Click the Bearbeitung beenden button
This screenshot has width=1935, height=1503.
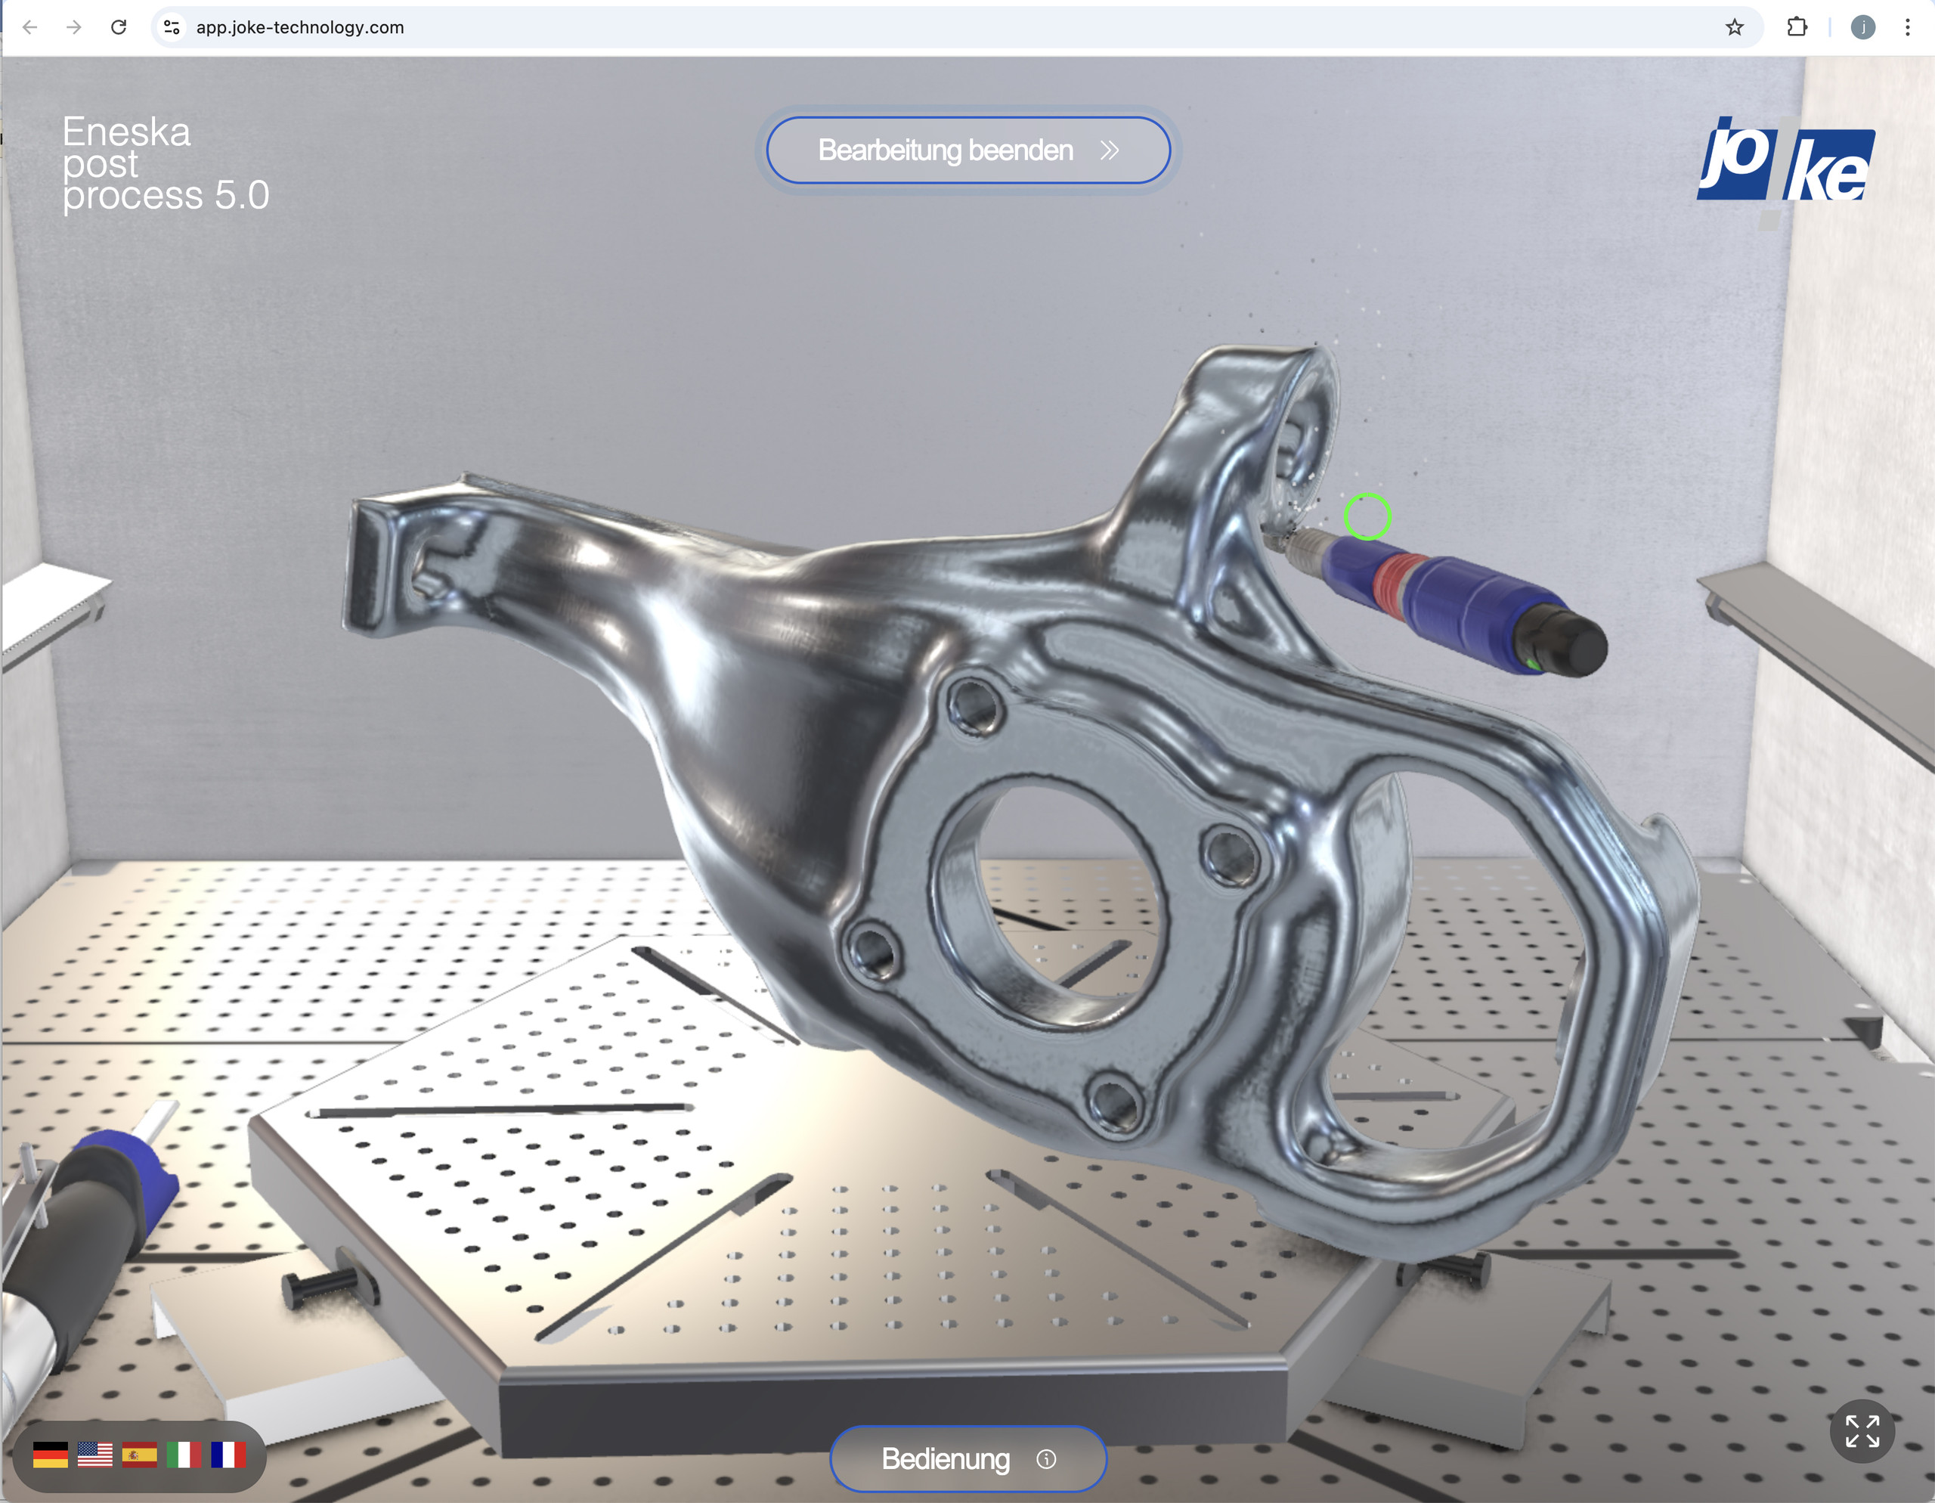967,150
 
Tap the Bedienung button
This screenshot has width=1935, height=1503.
967,1458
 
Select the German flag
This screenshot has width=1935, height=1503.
51,1455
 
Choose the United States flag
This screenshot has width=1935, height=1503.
94,1455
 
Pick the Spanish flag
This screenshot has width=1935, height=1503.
139,1455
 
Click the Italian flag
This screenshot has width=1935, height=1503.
184,1455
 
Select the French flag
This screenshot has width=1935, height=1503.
228,1455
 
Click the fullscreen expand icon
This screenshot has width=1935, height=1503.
1862,1431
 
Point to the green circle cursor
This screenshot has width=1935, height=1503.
1367,516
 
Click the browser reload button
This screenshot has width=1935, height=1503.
119,27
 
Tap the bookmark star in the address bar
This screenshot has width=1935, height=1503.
1734,27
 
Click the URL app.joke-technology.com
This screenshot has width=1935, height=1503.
299,27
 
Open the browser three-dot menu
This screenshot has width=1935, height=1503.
1906,27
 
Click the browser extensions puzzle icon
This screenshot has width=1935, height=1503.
1797,27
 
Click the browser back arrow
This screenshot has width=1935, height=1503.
30,27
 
